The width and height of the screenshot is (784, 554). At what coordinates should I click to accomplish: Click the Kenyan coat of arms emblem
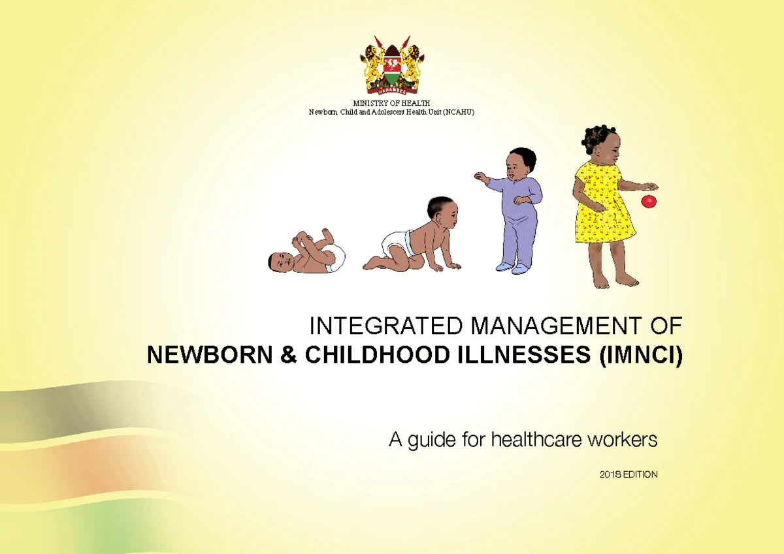coord(391,66)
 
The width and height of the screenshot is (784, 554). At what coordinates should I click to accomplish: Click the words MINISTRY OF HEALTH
coord(391,104)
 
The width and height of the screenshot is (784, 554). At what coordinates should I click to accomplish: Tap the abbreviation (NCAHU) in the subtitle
coord(457,112)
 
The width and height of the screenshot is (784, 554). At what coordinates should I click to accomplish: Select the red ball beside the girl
coord(648,201)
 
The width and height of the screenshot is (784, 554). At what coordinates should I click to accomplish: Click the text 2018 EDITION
coord(628,474)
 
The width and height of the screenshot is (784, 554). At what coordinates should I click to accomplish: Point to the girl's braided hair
coord(598,136)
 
